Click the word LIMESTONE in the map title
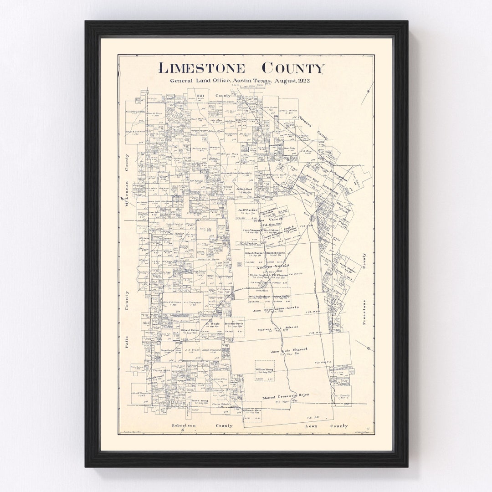coord(201,68)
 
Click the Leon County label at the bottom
coord(326,425)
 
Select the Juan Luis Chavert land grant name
coord(289,350)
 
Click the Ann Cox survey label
coord(205,229)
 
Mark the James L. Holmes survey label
coord(288,111)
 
